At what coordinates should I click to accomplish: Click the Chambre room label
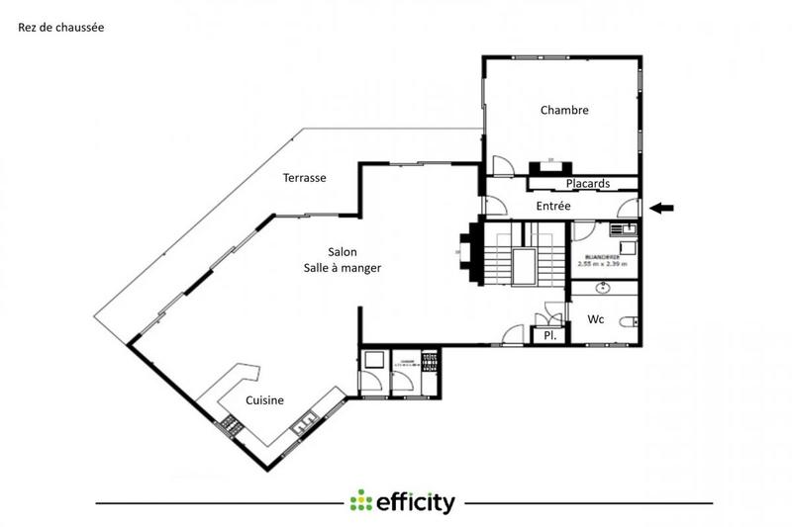[x=564, y=111]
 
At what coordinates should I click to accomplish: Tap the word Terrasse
[x=304, y=178]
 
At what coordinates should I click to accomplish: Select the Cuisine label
[x=265, y=400]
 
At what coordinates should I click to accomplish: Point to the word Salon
[x=343, y=252]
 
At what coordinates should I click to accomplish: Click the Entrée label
[x=552, y=206]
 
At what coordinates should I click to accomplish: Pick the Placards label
[x=586, y=184]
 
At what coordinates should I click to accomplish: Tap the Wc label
[x=596, y=319]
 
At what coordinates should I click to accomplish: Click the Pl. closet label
[x=549, y=336]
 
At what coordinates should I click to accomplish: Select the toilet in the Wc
[x=628, y=321]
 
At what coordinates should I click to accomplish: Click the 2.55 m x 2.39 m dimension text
[x=603, y=265]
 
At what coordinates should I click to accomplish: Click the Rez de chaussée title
[x=60, y=28]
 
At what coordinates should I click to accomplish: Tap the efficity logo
[x=403, y=501]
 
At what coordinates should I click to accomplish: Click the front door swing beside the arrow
[x=627, y=207]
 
